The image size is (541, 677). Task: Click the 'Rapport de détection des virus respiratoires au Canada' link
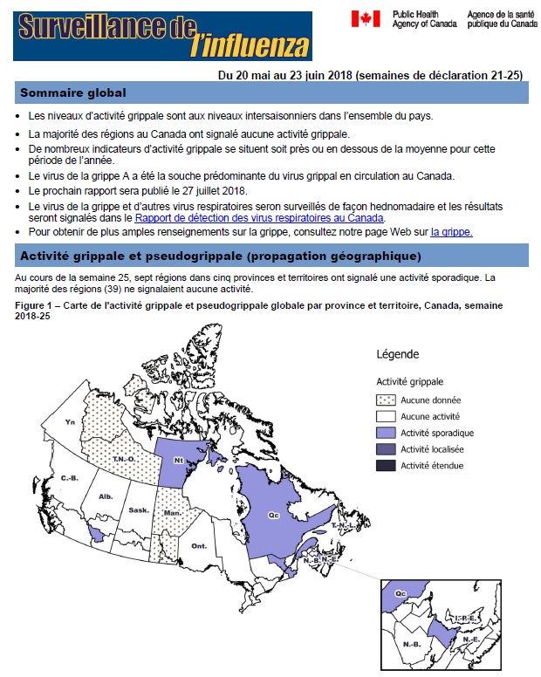[259, 218]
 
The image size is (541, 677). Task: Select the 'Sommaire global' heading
[73, 93]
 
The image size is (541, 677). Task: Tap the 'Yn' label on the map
[70, 421]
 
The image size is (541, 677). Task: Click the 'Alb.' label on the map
[106, 496]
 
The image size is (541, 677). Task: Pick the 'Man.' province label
[171, 513]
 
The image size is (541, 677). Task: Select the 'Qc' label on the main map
[273, 516]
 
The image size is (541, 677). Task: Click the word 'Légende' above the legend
[399, 355]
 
